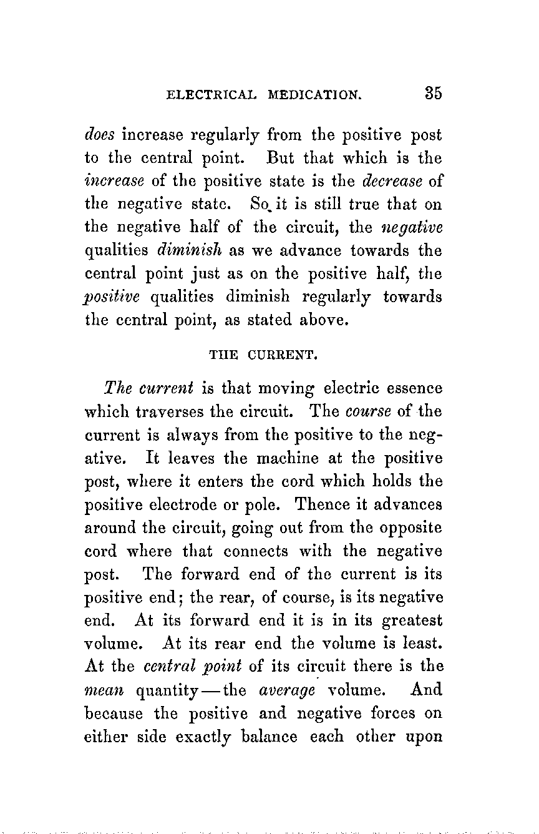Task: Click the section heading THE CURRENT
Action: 264,357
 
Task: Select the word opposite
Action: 410,527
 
